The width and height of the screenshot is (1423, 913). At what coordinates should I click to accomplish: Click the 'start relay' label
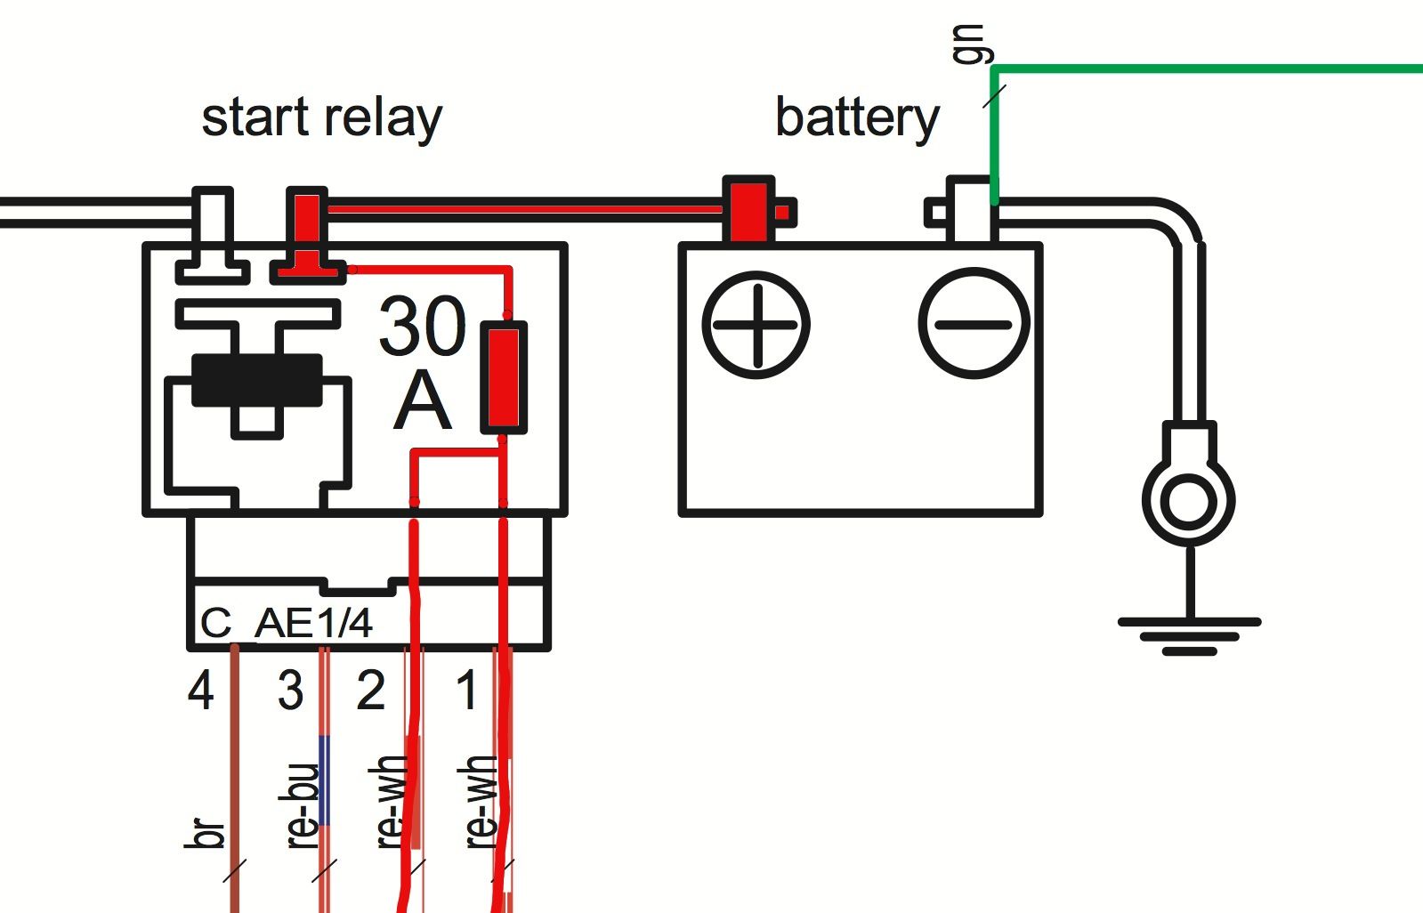click(x=321, y=118)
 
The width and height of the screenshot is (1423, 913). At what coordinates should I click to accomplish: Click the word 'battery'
click(x=856, y=118)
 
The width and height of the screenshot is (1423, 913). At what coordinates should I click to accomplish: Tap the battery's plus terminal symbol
click(x=756, y=325)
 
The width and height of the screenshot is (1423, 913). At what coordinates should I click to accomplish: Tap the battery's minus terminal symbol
click(x=974, y=324)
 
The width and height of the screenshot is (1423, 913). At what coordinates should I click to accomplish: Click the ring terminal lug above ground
click(x=1189, y=498)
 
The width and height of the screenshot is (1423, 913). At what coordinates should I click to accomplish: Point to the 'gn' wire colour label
click(x=968, y=44)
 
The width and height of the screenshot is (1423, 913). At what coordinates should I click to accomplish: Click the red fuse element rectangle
click(x=504, y=378)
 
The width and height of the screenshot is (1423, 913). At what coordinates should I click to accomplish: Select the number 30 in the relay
click(x=422, y=327)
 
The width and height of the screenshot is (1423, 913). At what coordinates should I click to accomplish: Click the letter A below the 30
click(x=422, y=402)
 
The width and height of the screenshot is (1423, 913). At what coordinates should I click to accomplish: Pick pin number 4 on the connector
click(x=200, y=691)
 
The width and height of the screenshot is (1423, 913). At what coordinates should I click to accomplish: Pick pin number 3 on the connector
click(x=290, y=691)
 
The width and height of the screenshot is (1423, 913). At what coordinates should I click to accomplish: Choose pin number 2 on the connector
click(x=371, y=691)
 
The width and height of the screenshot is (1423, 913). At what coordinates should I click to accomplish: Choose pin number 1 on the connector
click(x=466, y=691)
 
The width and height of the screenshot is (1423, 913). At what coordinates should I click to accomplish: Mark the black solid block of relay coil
click(x=257, y=380)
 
